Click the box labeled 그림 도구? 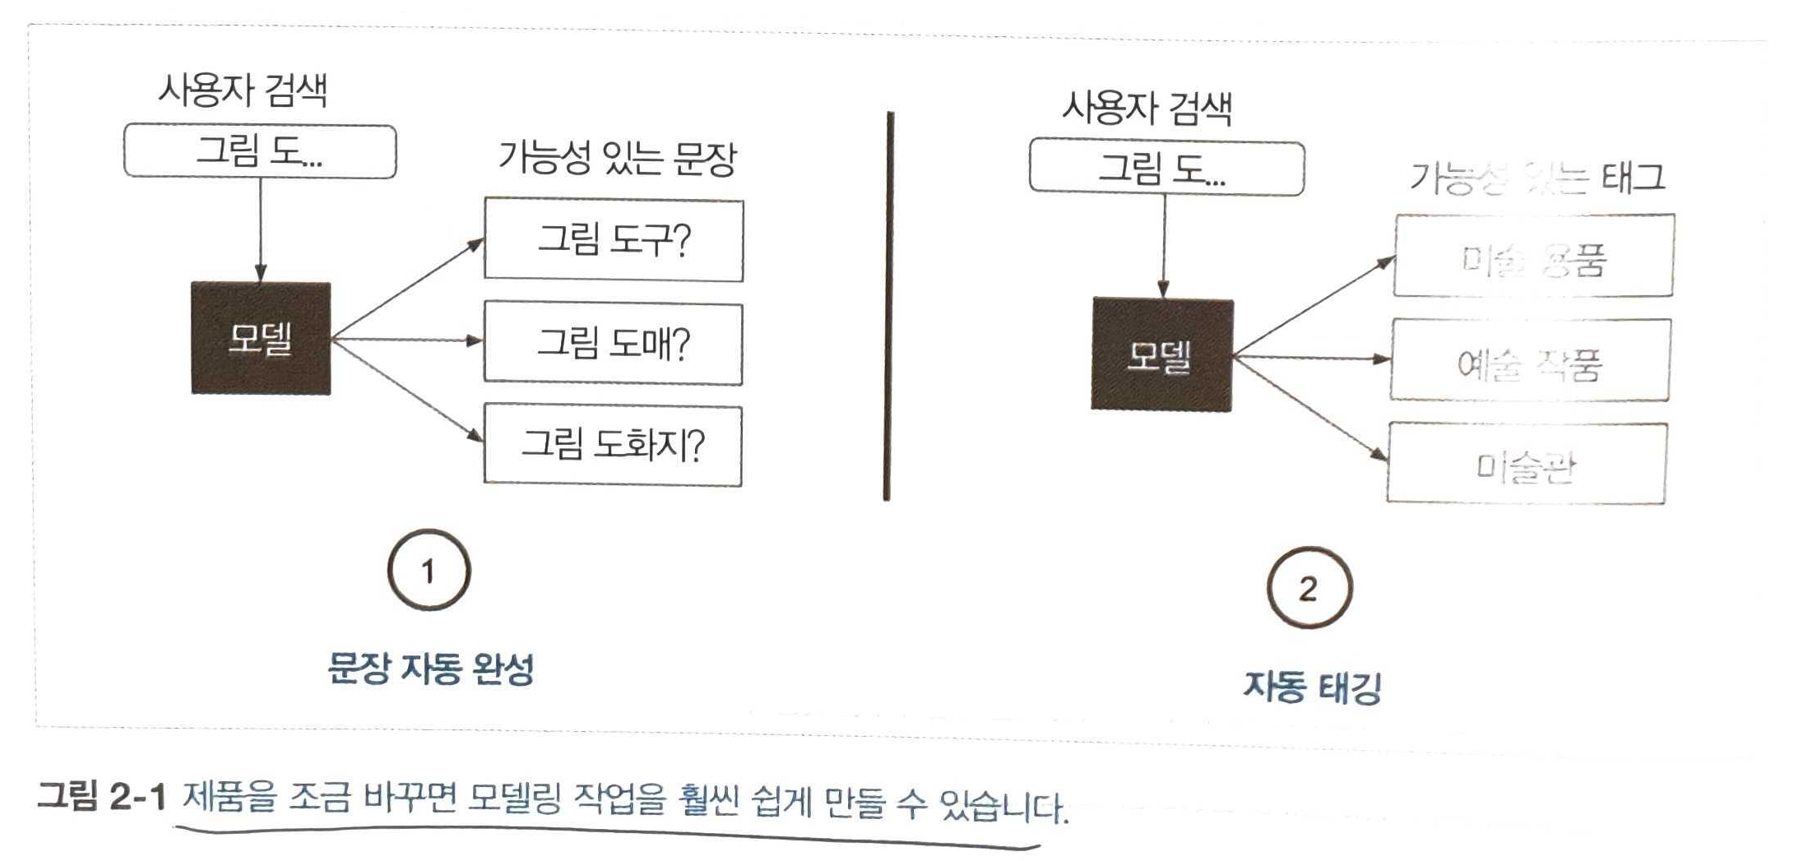click(614, 240)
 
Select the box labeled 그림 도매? click(613, 343)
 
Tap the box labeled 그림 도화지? click(613, 446)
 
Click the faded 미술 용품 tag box click(1534, 256)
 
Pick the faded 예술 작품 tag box click(1530, 360)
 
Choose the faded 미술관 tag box click(1527, 463)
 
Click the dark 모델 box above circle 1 click(261, 338)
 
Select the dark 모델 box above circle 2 click(1161, 354)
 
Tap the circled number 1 click(429, 570)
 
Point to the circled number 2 click(1309, 588)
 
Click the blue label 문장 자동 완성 click(430, 669)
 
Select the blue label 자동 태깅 click(1312, 687)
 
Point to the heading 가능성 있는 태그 click(1537, 177)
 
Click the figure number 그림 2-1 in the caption click(102, 796)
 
